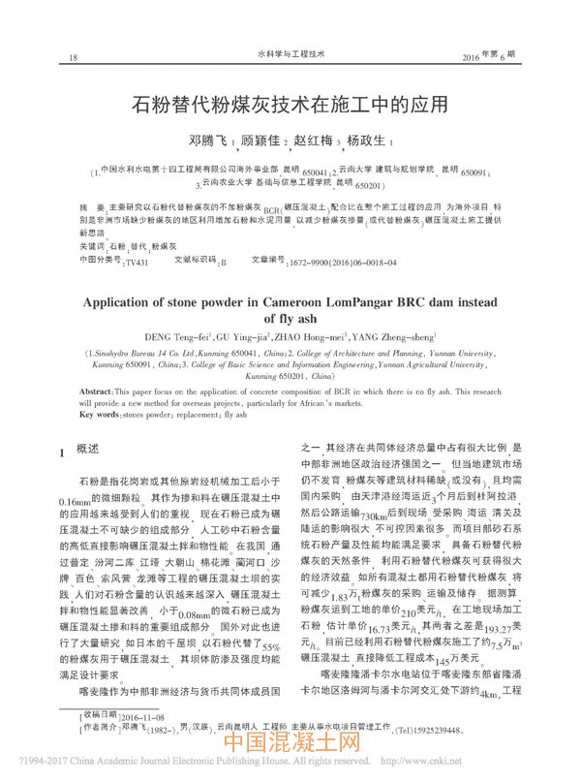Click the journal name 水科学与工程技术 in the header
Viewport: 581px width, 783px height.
290,55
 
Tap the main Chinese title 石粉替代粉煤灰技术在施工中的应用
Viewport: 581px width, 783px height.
290,103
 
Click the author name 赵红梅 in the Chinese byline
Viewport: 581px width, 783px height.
313,141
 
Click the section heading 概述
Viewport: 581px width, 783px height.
87,451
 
